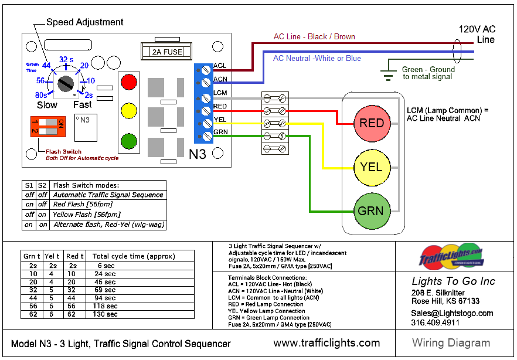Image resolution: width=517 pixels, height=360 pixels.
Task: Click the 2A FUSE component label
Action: pyautogui.click(x=167, y=52)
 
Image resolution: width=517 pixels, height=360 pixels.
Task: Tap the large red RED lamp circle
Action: pyautogui.click(x=372, y=124)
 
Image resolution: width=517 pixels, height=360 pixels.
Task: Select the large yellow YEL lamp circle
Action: pyautogui.click(x=372, y=167)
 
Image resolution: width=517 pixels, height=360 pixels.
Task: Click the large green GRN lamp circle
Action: pyautogui.click(x=372, y=210)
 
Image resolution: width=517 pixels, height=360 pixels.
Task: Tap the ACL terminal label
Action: pyautogui.click(x=220, y=66)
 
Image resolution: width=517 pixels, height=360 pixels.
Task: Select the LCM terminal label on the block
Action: pyautogui.click(x=220, y=93)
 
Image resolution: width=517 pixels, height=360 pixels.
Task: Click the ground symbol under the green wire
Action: pyautogui.click(x=387, y=73)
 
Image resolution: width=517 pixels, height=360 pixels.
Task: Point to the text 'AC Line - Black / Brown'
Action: pyautogui.click(x=314, y=36)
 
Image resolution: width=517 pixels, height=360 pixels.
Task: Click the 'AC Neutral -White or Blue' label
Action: pyautogui.click(x=317, y=58)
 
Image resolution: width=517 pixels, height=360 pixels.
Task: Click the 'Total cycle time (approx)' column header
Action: pyautogui.click(x=134, y=256)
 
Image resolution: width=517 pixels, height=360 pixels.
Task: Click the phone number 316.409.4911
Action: pyautogui.click(x=435, y=322)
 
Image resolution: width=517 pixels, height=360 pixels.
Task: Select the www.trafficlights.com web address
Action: pyautogui.click(x=326, y=343)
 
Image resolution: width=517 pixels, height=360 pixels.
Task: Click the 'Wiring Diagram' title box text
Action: pyautogui.click(x=451, y=343)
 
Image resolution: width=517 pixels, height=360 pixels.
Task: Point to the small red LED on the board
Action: pyautogui.click(x=128, y=81)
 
